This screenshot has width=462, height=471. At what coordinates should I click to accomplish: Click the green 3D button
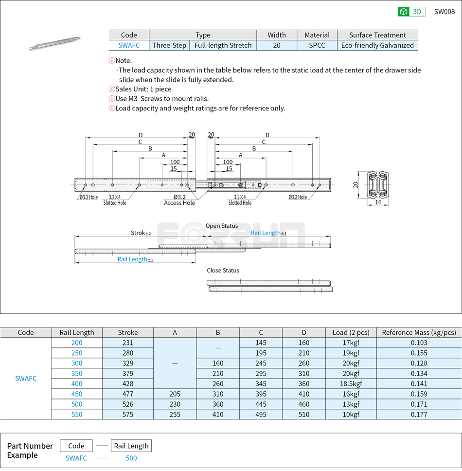[411, 12]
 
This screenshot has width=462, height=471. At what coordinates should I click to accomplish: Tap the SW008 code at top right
[444, 12]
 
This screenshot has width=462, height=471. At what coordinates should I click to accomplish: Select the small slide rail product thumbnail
[54, 43]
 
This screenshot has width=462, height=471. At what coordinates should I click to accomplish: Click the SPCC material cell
[317, 45]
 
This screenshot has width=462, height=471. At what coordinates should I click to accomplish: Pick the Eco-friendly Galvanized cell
[377, 45]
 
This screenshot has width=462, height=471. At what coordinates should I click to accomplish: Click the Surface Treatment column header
[377, 35]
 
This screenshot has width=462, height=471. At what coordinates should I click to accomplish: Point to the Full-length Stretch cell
[223, 45]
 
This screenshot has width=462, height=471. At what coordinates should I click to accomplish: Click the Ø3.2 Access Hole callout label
[179, 200]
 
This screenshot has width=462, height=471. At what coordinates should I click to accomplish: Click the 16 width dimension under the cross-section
[378, 202]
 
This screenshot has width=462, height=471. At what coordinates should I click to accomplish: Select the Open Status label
[222, 226]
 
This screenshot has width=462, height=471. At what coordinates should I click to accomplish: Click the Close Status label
[223, 271]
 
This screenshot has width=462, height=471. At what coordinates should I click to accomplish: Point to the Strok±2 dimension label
[141, 233]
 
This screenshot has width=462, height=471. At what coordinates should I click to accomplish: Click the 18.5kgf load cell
[351, 383]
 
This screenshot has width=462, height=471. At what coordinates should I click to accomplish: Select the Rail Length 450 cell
[77, 394]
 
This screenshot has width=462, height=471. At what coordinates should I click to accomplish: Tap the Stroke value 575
[128, 415]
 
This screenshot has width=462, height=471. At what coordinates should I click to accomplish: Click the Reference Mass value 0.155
[419, 353]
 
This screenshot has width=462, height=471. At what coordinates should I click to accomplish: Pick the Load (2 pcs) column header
[351, 332]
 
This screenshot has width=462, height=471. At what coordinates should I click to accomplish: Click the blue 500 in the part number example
[131, 458]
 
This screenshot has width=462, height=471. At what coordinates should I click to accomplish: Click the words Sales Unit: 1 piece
[143, 89]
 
